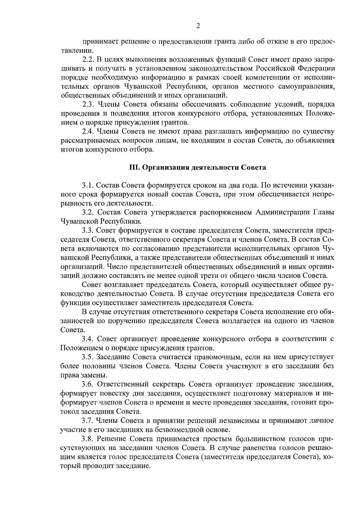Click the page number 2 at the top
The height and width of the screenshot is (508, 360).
coord(198,26)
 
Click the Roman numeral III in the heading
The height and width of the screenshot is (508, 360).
coord(133,167)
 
